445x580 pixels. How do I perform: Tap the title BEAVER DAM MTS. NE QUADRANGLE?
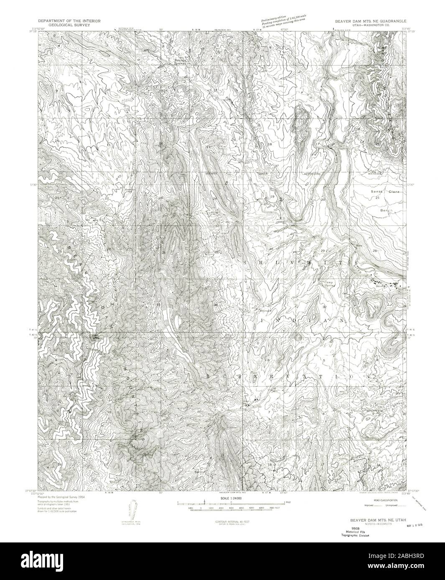coord(369,20)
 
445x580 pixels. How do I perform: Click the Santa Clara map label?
coord(385,192)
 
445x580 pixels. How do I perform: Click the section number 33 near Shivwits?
coord(376,307)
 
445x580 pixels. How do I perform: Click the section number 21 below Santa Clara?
coord(377,197)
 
